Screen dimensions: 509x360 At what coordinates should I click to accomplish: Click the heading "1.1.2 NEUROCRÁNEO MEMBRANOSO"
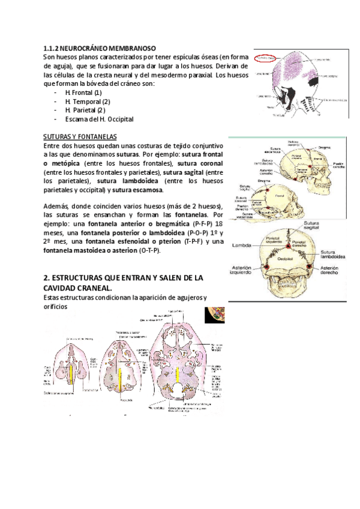[x=100, y=47]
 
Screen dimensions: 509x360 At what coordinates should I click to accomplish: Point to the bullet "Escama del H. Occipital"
[x=99, y=119]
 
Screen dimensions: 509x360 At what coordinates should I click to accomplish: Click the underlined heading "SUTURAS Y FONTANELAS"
[x=80, y=137]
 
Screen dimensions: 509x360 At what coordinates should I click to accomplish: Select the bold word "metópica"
[x=67, y=163]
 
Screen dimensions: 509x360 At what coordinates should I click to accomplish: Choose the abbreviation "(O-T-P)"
[x=148, y=250]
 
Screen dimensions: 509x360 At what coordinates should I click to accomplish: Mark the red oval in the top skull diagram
[x=266, y=58]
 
